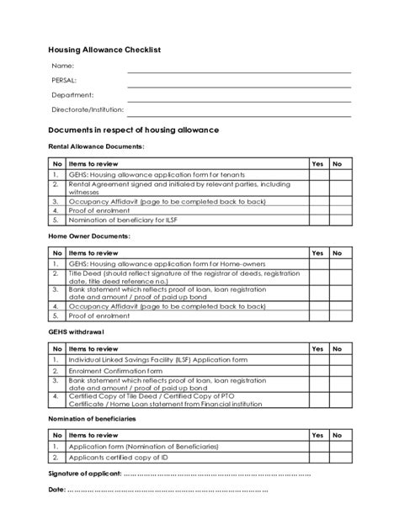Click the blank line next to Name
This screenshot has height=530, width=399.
point(239,72)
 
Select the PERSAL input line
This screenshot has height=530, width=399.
point(239,87)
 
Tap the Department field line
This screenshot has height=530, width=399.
point(239,101)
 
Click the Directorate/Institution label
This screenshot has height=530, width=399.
point(88,109)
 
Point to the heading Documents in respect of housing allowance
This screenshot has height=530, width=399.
point(133,130)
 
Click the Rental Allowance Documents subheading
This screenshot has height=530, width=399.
point(96,146)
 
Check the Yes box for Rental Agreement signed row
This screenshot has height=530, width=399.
point(317,188)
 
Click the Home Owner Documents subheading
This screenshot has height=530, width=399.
point(89,236)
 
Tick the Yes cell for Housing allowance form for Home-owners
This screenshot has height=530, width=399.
point(317,263)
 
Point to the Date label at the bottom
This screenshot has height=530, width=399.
point(56,489)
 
